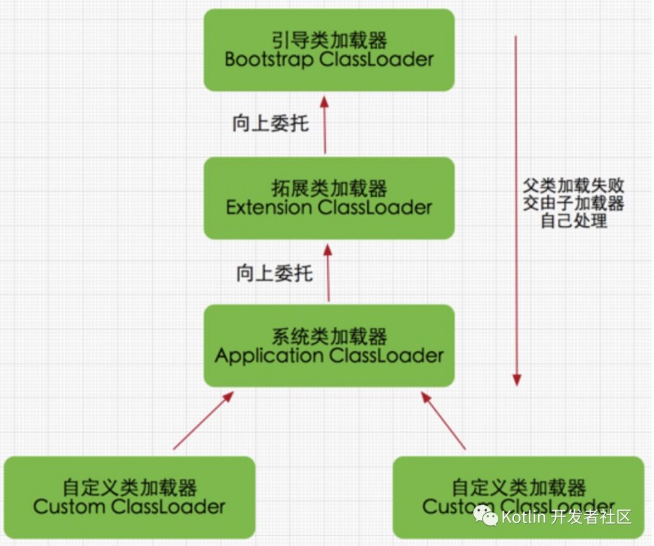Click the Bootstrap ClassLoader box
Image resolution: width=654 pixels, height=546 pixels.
coord(329,50)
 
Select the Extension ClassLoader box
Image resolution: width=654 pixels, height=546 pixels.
coord(329,198)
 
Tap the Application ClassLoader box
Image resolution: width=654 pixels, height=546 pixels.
coord(329,345)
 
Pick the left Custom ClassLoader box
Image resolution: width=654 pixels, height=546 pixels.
coord(129,496)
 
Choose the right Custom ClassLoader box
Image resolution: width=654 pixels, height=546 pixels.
coord(518,496)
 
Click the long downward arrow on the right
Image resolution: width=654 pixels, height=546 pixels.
coord(517,209)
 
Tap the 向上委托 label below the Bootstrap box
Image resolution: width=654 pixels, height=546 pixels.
coord(270,123)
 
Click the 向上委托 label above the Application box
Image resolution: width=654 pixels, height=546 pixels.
coord(275,272)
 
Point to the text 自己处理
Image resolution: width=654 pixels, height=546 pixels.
coord(574,221)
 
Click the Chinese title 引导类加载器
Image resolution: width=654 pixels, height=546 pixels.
coord(329,41)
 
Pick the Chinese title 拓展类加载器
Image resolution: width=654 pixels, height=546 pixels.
coord(329,189)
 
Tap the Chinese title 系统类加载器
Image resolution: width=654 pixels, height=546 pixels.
coord(329,337)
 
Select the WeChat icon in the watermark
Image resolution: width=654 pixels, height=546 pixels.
coord(486,517)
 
